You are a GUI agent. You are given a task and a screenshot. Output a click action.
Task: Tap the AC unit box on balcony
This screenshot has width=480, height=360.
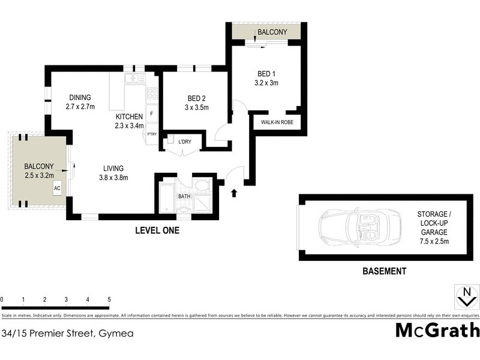58,188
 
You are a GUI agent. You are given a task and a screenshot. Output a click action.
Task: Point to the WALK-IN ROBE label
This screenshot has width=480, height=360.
277,122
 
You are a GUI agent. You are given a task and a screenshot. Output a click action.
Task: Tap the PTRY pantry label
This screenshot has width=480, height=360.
152,134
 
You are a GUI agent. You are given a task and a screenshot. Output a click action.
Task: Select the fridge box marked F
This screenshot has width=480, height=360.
152,114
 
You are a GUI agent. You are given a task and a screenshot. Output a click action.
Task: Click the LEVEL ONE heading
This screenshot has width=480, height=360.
157,230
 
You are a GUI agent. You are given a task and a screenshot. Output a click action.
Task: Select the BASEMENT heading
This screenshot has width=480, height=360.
385,271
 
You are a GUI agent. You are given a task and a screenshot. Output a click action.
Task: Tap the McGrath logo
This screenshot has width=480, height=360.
437,331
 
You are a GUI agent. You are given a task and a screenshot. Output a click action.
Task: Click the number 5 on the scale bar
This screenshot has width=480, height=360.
109,299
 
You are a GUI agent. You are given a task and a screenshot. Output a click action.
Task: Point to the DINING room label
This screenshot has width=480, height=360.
80,98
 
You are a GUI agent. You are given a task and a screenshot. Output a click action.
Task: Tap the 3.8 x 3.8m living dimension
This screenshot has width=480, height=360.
113,177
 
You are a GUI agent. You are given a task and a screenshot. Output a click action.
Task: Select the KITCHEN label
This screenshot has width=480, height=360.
130,116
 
